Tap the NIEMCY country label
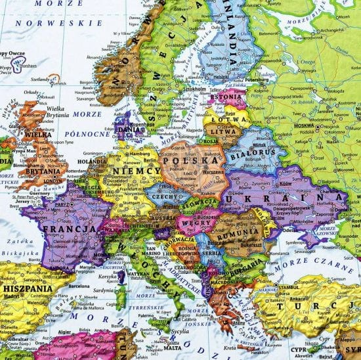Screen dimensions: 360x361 pyautogui.click(x=137, y=171)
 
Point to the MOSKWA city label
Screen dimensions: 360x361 pyautogui.click(x=303, y=125)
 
